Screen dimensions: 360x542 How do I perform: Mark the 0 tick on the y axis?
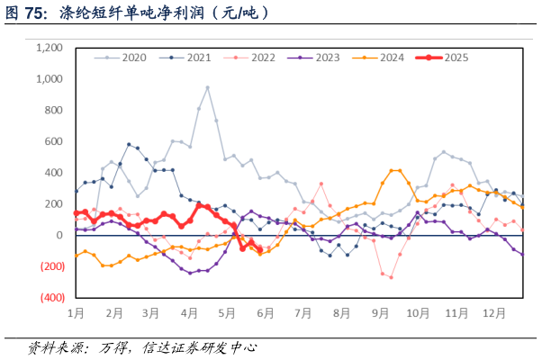59,235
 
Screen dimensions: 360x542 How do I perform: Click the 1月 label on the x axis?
76,313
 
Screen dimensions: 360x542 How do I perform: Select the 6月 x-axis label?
266,313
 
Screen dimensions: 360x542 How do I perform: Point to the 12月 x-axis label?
494,313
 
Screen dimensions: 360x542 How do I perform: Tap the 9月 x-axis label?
380,313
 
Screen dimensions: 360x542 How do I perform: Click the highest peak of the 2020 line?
208,87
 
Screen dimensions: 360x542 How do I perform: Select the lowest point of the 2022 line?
391,277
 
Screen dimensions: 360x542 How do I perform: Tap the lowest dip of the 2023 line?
190,273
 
